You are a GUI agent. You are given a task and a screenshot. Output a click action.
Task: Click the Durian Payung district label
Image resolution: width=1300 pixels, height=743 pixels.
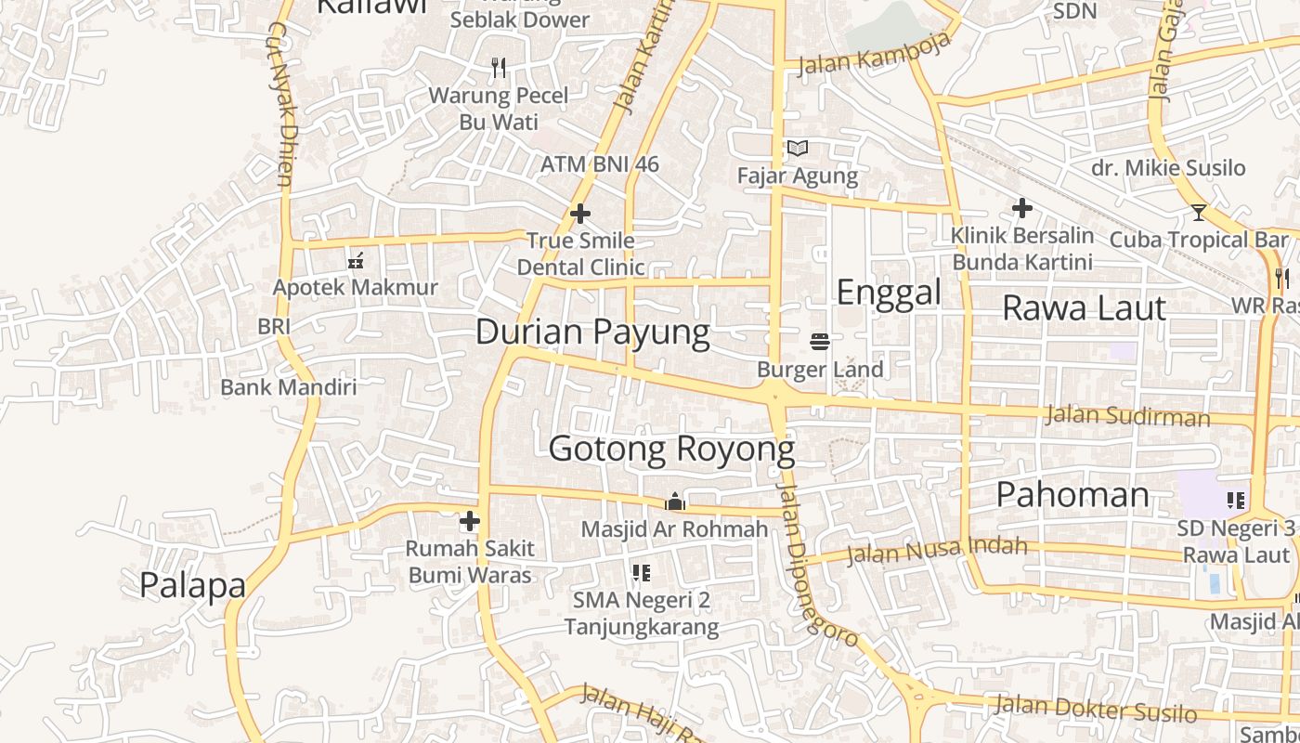click(592, 332)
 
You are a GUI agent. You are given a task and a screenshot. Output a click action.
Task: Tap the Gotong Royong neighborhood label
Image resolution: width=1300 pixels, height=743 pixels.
click(671, 450)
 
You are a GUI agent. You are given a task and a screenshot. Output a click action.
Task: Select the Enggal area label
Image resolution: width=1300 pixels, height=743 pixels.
click(889, 293)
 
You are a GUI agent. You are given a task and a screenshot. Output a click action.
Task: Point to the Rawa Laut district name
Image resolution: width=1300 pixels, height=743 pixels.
click(1084, 307)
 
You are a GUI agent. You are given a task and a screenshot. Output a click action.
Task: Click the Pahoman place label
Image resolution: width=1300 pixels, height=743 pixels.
click(1072, 494)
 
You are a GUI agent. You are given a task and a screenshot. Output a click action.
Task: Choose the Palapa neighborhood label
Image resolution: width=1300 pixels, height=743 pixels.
click(192, 585)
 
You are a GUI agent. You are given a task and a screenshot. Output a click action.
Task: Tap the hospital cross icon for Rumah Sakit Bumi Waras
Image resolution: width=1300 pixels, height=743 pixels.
click(470, 521)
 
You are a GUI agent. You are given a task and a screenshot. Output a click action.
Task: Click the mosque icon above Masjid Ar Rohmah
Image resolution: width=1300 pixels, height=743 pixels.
click(674, 502)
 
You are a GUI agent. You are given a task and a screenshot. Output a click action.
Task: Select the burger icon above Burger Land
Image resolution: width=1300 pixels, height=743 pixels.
click(820, 342)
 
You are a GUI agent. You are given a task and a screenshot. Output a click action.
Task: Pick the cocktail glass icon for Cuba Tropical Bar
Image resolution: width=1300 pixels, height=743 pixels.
click(1199, 213)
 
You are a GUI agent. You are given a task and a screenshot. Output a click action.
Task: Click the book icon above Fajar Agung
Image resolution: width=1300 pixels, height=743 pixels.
click(798, 148)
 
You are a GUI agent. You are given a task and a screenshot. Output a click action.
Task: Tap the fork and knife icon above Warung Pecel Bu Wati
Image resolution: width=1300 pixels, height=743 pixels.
click(499, 68)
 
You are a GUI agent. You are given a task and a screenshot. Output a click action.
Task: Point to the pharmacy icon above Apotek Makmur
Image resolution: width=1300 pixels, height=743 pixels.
click(355, 261)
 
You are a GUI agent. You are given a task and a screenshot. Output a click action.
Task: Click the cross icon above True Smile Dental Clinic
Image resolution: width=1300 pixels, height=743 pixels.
click(580, 215)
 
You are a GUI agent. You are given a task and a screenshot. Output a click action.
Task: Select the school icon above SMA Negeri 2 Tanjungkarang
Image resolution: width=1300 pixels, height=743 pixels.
click(641, 572)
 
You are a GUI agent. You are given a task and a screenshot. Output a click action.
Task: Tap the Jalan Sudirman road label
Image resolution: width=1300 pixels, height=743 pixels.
click(1127, 415)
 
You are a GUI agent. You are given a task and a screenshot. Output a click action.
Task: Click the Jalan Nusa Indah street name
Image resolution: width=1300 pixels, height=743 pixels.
click(938, 550)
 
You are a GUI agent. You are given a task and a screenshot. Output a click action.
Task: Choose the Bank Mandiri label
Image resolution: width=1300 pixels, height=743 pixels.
click(288, 387)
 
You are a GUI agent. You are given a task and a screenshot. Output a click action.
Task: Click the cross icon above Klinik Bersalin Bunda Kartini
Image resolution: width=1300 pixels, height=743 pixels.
click(1022, 208)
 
